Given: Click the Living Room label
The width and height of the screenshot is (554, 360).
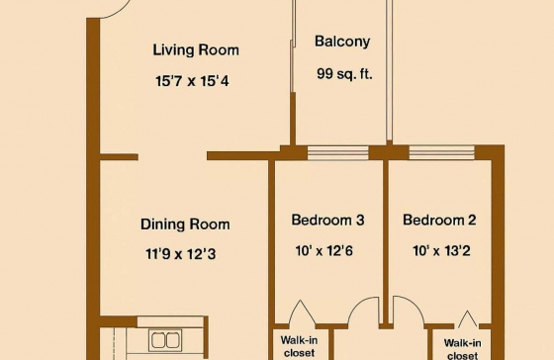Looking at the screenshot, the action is click(x=196, y=49).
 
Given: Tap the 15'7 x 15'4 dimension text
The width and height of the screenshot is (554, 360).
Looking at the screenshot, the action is click(x=192, y=81).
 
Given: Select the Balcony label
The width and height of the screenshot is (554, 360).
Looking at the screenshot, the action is click(x=342, y=42).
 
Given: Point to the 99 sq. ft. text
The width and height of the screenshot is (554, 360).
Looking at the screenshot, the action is click(x=344, y=74).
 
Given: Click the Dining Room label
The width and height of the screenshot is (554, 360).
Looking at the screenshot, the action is click(x=185, y=225).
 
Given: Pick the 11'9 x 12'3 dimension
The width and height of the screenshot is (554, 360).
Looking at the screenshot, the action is click(x=180, y=254).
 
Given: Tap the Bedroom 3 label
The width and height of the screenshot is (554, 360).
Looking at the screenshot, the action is click(x=327, y=221).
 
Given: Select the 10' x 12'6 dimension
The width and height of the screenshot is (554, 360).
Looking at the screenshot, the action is click(x=324, y=251).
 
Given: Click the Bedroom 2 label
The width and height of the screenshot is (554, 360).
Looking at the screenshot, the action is click(x=439, y=221).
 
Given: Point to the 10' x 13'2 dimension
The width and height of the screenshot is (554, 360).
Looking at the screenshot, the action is click(x=441, y=251).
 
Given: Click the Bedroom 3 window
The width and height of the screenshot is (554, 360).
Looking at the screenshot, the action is click(x=337, y=153).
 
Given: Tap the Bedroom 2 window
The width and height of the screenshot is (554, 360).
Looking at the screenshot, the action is click(x=441, y=152).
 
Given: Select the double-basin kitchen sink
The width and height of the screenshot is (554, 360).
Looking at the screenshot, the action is click(x=165, y=340).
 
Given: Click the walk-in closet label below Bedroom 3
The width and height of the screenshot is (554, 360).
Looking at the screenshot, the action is click(x=299, y=346).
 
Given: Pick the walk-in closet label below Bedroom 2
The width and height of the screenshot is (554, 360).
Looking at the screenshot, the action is click(x=462, y=349).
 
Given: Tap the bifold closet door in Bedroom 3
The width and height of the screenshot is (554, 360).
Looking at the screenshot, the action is click(x=302, y=312).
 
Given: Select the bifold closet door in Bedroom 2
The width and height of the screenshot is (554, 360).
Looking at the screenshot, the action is click(x=467, y=318).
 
